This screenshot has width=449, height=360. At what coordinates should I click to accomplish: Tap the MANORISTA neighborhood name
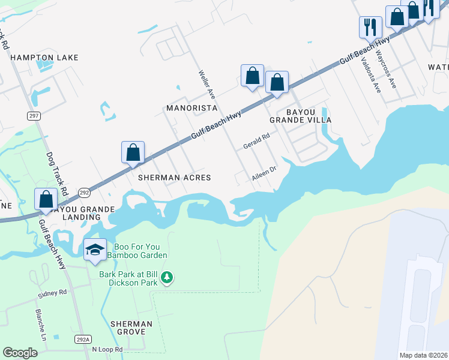coord(191,108)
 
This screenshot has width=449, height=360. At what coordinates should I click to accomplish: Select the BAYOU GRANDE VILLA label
coord(300,116)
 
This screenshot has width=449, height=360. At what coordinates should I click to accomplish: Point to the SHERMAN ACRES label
coord(175,178)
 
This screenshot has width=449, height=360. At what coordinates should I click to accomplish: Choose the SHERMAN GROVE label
coord(131,328)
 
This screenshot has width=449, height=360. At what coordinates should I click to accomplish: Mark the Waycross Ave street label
coord(386,68)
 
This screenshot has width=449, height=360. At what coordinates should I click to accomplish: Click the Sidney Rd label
coord(53,293)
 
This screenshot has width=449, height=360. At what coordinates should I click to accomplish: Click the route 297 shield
coord(34,115)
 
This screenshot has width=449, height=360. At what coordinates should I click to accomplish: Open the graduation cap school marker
coord(95,250)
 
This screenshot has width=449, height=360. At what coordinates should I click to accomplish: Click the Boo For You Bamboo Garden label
coord(137,250)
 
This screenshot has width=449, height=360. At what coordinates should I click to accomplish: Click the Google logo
coord(20,353)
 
